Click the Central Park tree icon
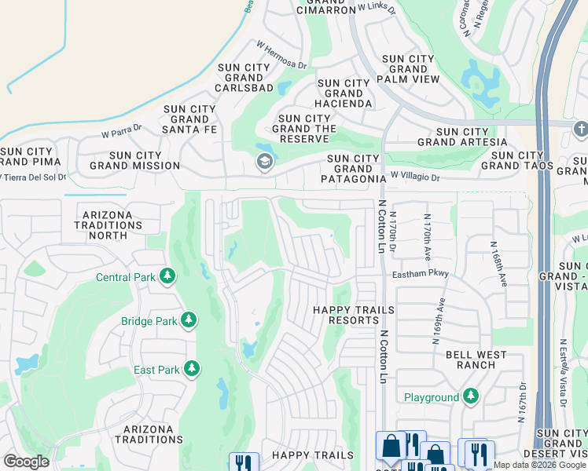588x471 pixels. click(x=167, y=276)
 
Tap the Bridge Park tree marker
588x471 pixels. click(x=188, y=320)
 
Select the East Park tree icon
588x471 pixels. click(x=191, y=369)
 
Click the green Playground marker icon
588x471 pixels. click(x=470, y=396)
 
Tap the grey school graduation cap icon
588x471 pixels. click(x=264, y=162)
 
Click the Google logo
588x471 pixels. click(x=26, y=462)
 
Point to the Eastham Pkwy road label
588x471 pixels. click(x=421, y=274)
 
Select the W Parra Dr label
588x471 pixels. click(x=121, y=130)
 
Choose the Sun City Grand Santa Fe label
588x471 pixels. click(x=189, y=119)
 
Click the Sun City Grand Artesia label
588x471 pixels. click(x=462, y=137)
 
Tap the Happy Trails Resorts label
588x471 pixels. click(x=353, y=316)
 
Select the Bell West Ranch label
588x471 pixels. click(x=476, y=360)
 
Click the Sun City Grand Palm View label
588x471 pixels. click(x=408, y=69)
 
